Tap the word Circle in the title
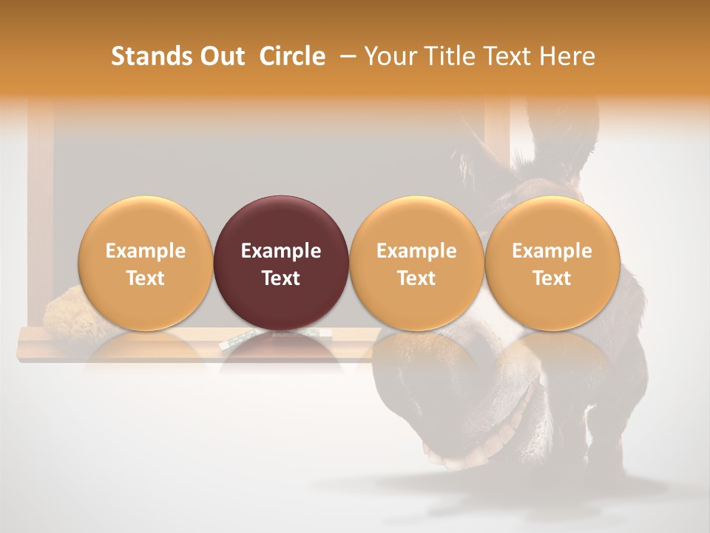coord(292,56)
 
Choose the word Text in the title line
coord(501,56)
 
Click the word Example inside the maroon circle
coord(281,251)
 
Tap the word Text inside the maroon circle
coord(281,278)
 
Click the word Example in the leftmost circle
coord(145,251)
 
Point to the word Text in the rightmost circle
coord(552,278)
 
